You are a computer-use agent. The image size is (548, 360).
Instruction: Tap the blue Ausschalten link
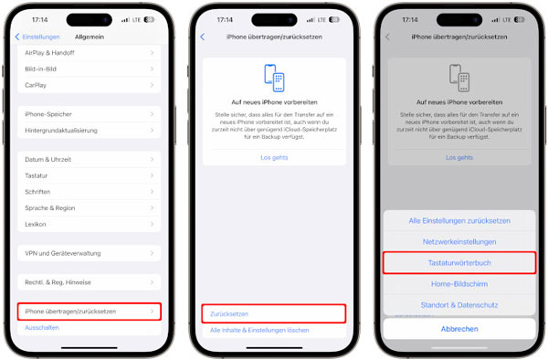coord(42,326)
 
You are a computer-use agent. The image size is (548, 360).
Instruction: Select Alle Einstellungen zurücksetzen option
coord(459,220)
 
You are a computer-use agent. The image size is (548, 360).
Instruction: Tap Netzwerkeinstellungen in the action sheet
coord(459,241)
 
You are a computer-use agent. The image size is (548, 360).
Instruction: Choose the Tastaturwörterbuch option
coord(459,262)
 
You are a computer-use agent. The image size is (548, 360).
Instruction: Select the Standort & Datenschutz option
coord(459,303)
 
